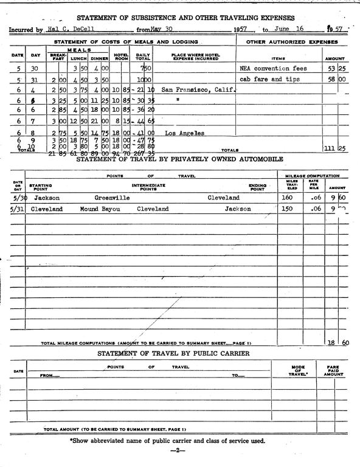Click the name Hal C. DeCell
67,29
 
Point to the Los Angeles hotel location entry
184,133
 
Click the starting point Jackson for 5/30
47,198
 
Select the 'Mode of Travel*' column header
299,372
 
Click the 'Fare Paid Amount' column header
333,372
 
